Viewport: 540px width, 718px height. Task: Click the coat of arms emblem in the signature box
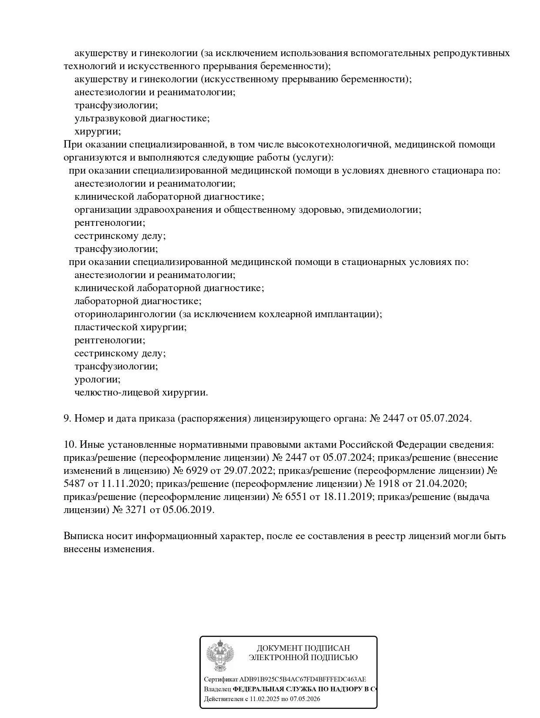220,656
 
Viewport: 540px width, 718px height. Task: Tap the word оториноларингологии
125,314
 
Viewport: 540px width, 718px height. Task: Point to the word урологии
97,379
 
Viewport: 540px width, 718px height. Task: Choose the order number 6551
295,497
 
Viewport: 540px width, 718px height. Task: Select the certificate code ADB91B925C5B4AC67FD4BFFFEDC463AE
303,679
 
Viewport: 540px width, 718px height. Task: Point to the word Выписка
82,536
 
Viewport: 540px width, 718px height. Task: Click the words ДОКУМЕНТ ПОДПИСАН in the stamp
303,648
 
